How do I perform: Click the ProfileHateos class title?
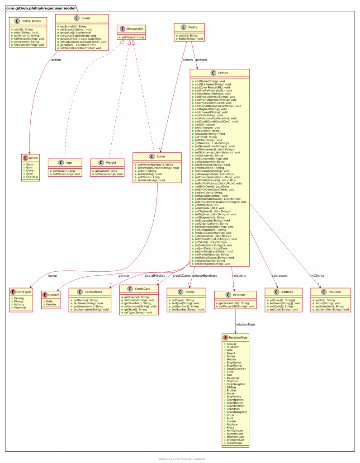(31, 22)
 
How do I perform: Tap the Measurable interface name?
(133, 28)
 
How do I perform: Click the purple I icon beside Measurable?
(122, 28)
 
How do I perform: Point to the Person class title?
(223, 73)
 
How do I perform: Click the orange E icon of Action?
(25, 158)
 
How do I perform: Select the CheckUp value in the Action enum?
(32, 176)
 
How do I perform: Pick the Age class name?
(69, 163)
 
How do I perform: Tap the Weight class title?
(111, 163)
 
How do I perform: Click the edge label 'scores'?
(187, 59)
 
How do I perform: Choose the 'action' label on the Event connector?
(56, 59)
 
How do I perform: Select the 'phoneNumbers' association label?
(205, 275)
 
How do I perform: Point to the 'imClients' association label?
(317, 275)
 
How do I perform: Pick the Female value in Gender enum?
(51, 304)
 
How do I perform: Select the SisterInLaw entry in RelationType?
(234, 443)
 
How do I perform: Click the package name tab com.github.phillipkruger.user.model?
(41, 8)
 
